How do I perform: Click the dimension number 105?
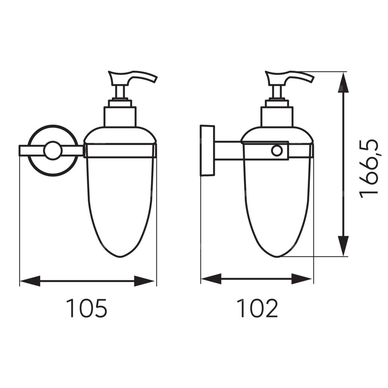point(87,308)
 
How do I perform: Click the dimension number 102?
point(257,308)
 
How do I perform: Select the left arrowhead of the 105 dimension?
point(30,281)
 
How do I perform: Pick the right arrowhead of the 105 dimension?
point(144,281)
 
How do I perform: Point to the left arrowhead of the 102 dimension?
point(211,279)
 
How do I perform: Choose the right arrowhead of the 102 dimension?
point(301,279)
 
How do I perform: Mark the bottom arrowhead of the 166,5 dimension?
point(343,246)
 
